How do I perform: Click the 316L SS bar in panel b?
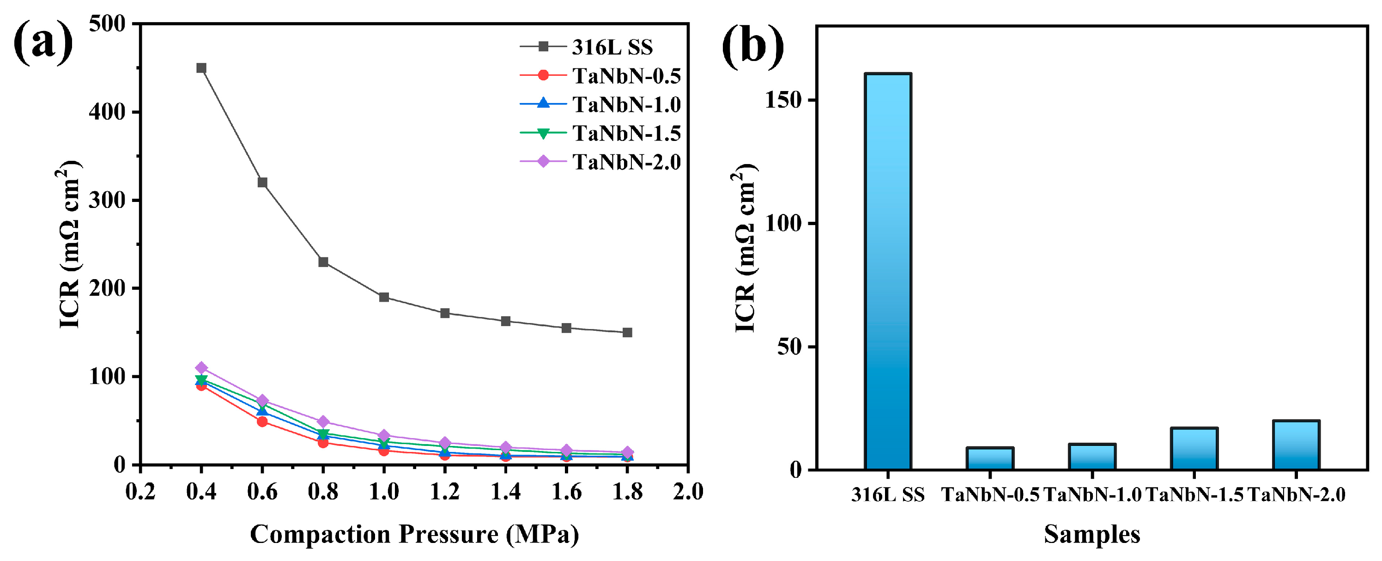(x=888, y=271)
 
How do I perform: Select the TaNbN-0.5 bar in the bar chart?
(x=990, y=459)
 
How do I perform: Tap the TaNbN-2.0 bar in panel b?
(x=1296, y=445)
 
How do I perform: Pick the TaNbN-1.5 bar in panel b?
(x=1194, y=449)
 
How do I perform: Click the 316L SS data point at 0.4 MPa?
(x=201, y=68)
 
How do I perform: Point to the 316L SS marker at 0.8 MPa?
(x=323, y=262)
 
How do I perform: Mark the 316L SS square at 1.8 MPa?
(x=627, y=332)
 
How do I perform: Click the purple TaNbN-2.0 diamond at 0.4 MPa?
(x=201, y=368)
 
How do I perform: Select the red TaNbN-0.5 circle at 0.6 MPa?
(x=262, y=421)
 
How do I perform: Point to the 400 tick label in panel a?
(x=107, y=112)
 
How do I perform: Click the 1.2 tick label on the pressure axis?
(x=444, y=491)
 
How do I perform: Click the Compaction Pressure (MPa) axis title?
(x=414, y=534)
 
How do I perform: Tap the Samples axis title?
(x=1092, y=534)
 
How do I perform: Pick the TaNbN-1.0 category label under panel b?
(x=1092, y=494)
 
